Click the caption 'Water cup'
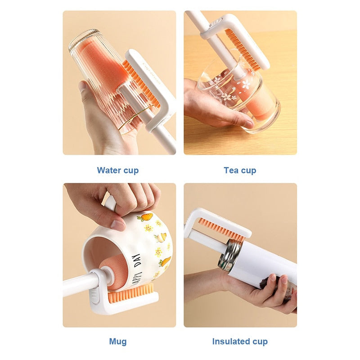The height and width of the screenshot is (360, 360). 118,171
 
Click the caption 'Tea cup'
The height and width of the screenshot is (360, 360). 240,171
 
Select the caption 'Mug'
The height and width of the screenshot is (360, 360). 118,342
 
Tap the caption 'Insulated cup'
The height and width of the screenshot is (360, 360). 240,342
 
